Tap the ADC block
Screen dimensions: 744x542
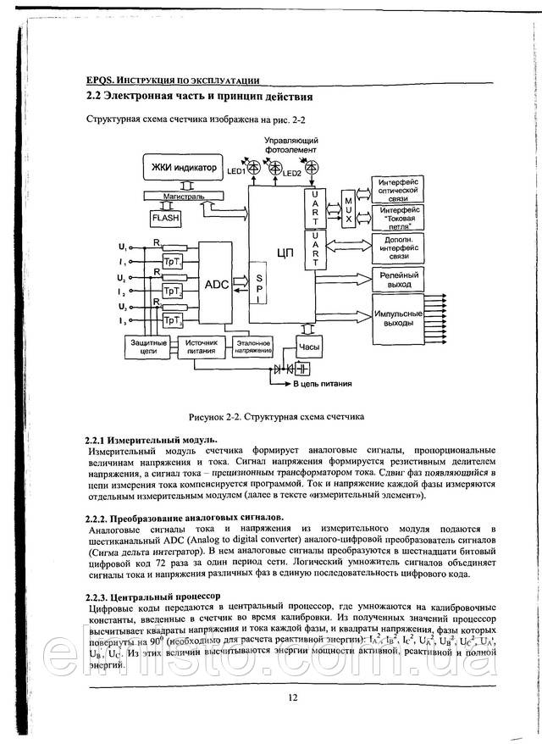click(217, 285)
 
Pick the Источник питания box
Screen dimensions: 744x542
click(196, 345)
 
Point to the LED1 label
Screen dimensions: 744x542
click(236, 171)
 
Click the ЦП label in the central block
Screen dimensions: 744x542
click(284, 254)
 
